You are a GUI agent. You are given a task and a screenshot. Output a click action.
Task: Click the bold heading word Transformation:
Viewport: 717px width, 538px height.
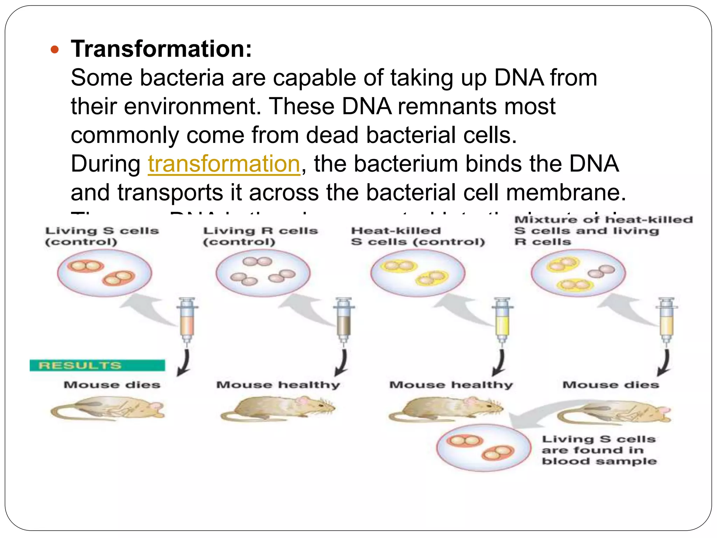[161, 49]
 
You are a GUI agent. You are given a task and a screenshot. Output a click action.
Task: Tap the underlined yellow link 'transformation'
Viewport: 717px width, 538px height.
[224, 164]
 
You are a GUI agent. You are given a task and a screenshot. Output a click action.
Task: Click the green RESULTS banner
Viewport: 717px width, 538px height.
[97, 365]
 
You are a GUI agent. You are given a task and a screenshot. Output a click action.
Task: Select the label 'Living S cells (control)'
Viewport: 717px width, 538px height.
[102, 236]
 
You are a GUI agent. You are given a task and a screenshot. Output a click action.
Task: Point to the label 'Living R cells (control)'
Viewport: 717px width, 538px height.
[260, 236]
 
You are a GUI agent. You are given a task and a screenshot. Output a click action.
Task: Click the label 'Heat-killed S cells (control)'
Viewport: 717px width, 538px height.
[418, 236]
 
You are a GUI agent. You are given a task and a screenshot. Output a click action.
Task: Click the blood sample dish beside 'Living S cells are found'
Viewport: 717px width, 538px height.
[483, 448]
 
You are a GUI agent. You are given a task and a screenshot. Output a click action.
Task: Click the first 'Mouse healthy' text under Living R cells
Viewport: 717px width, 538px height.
[278, 385]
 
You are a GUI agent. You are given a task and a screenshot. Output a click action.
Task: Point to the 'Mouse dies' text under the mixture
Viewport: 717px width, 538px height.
[610, 385]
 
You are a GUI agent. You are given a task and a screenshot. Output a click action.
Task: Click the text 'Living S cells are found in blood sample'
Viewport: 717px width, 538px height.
[599, 450]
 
